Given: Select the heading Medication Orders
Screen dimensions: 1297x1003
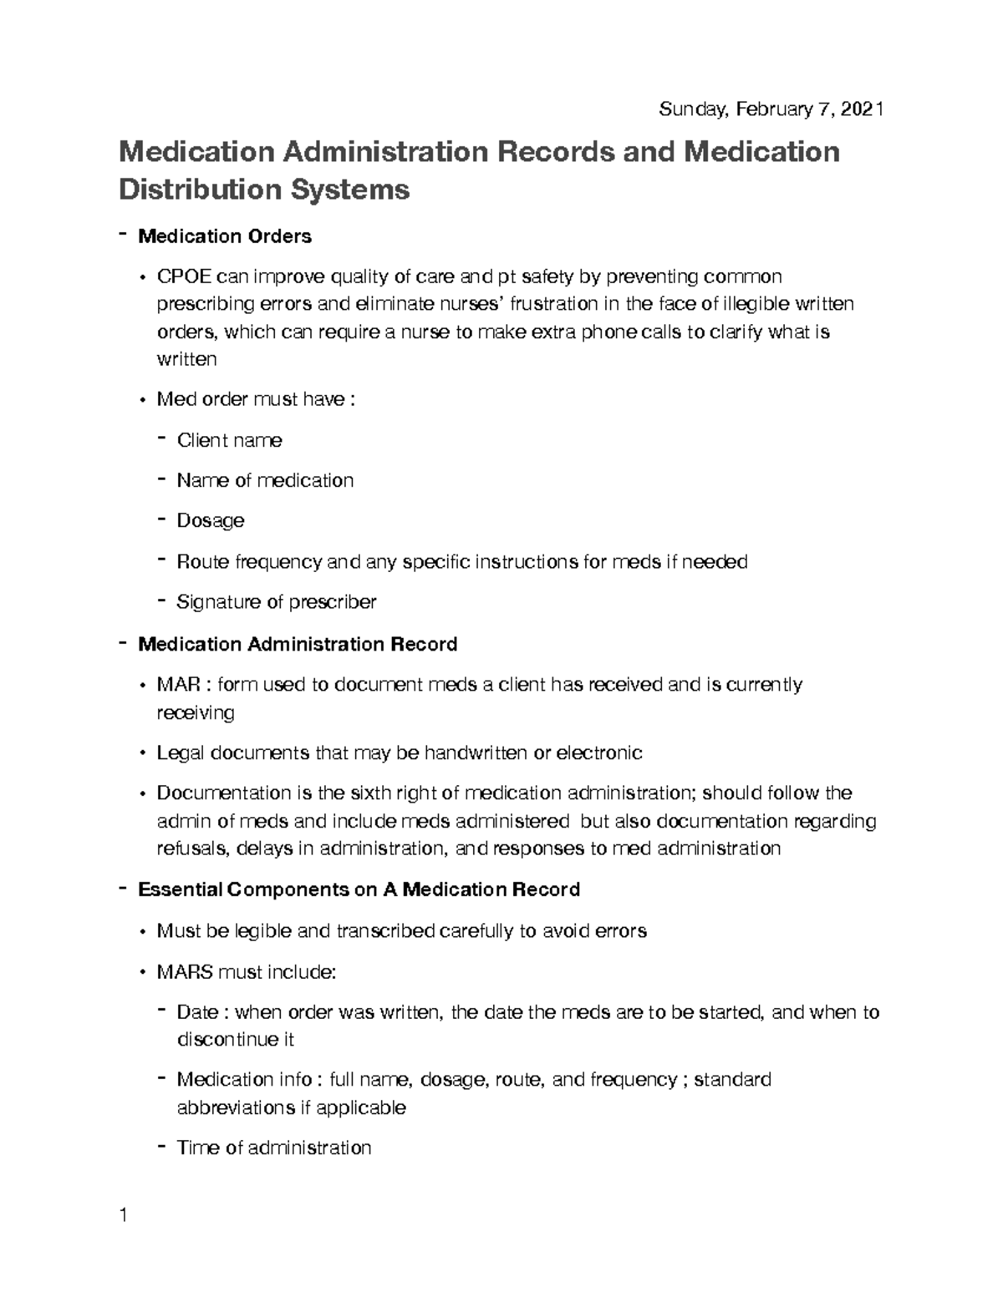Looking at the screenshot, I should click(224, 236).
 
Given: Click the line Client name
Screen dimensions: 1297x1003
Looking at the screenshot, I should click(229, 440).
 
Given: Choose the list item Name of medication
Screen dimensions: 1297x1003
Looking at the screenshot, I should click(265, 480).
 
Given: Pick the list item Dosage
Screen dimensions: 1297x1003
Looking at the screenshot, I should click(211, 520).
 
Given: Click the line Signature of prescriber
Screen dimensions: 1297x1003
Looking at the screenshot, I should click(276, 601).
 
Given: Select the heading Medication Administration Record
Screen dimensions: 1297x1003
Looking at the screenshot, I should click(297, 644).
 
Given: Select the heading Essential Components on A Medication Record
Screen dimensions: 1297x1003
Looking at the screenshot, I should click(358, 889).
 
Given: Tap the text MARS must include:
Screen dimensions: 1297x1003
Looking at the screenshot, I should click(246, 971).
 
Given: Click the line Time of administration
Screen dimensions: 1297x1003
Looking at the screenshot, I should click(273, 1148).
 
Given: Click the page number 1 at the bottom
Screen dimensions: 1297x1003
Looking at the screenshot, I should click(123, 1215).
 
